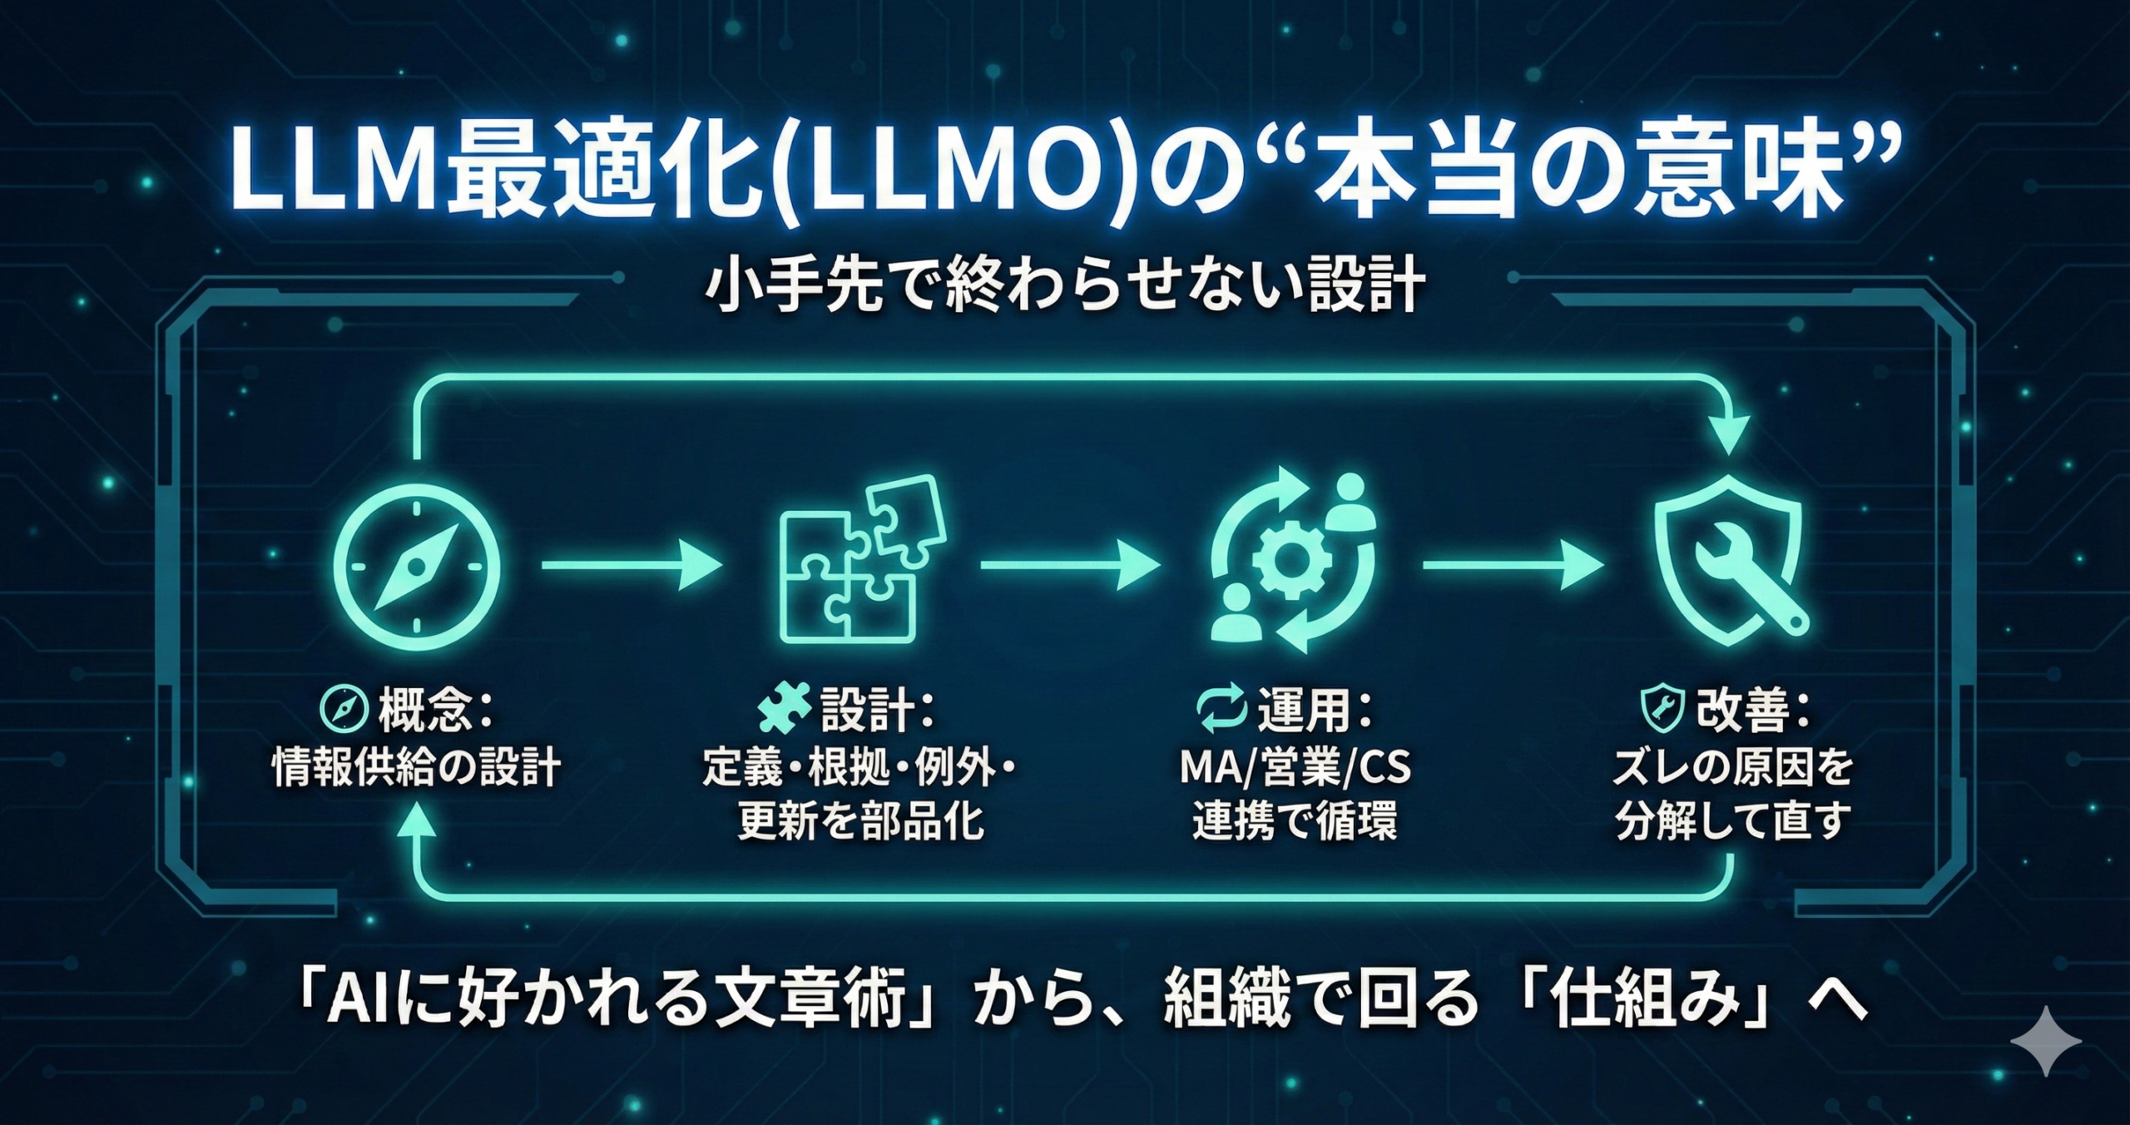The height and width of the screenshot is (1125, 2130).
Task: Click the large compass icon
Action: point(417,566)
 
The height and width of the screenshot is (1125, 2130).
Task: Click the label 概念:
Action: point(436,710)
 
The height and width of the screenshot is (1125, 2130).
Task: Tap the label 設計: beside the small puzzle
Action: point(877,710)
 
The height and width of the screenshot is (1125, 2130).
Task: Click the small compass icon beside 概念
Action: point(344,710)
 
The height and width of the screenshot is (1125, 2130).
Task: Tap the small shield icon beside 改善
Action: point(1662,710)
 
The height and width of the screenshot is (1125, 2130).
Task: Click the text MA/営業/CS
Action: point(1295,766)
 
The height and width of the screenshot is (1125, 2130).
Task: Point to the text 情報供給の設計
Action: point(417,766)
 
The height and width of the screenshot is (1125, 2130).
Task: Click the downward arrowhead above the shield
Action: point(1732,436)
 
